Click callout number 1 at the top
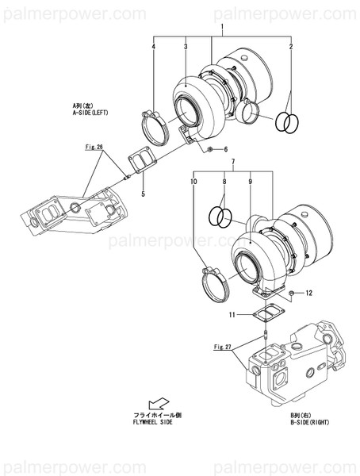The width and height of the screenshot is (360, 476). click(x=222, y=28)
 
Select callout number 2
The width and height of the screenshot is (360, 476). click(x=291, y=48)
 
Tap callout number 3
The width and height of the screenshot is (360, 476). click(x=185, y=48)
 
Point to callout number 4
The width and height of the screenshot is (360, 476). click(x=154, y=48)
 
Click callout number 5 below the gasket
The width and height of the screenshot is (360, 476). click(x=143, y=193)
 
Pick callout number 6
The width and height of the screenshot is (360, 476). click(x=225, y=149)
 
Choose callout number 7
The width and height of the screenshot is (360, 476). click(x=232, y=163)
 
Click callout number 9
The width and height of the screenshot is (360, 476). click(x=249, y=182)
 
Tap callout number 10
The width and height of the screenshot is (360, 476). click(x=193, y=182)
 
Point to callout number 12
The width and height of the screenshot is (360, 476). click(x=309, y=294)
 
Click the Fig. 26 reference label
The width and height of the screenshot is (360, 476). click(x=95, y=147)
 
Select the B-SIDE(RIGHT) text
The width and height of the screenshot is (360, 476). click(x=309, y=423)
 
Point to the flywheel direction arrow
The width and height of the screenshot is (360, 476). click(x=159, y=403)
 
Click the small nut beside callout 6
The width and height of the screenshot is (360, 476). click(x=209, y=148)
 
